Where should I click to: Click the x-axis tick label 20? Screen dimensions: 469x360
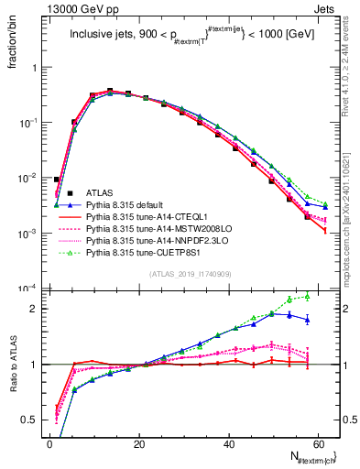click(138, 443)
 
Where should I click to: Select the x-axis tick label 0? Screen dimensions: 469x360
click(49, 443)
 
